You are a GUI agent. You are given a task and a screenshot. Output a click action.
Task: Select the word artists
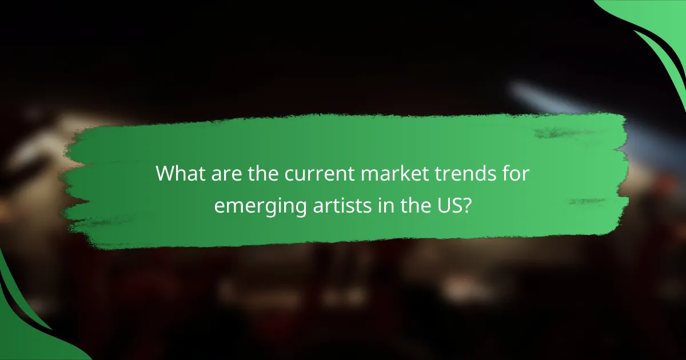tap(333, 204)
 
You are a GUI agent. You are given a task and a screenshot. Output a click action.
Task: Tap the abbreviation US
tap(447, 204)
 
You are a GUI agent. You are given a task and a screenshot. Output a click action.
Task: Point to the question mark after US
tap(467, 204)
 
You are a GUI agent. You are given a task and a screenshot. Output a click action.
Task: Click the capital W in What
tap(166, 173)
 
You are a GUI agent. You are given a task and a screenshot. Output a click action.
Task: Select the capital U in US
tap(441, 204)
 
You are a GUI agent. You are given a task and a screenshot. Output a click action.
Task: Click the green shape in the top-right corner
tap(663, 34)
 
